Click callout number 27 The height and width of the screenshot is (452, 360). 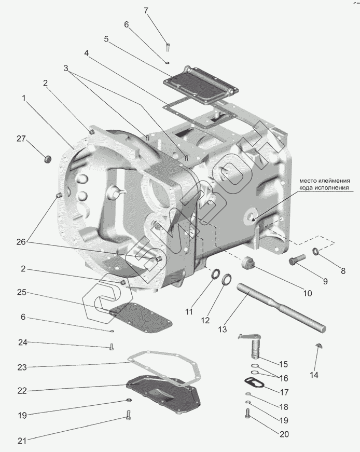coord(21,139)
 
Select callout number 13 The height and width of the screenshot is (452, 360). coord(222,329)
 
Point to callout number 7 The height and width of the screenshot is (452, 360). coord(146,10)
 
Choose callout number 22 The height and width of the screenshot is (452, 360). coord(21,390)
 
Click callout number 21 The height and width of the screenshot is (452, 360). coord(21,441)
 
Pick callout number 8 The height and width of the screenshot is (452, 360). coord(343,270)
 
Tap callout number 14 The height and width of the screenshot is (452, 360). coord(315,375)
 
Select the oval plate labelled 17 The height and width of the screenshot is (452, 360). coord(254,383)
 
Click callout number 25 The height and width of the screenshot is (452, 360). coord(21,292)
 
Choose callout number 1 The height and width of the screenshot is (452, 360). coord(23,98)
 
